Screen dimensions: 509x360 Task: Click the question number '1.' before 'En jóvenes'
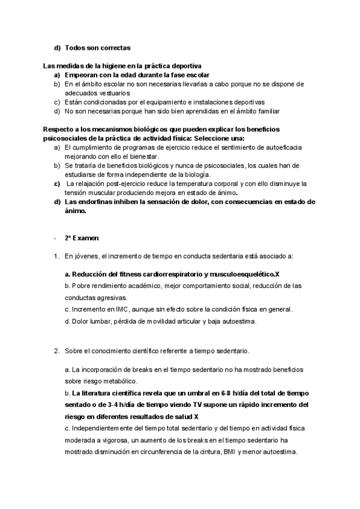(56, 256)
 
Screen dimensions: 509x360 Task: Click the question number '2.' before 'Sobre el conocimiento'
(56, 351)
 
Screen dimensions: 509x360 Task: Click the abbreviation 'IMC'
(106, 310)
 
